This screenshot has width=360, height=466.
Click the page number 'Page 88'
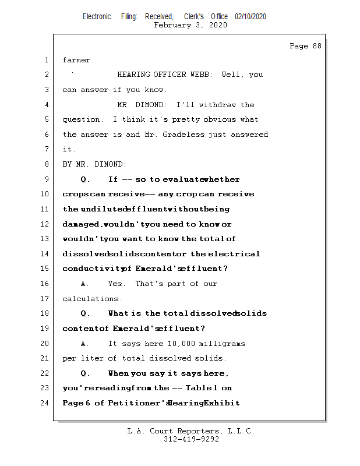305,46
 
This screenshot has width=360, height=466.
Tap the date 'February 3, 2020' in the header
190,26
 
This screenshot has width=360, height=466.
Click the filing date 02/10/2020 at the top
250,17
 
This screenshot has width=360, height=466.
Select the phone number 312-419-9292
192,439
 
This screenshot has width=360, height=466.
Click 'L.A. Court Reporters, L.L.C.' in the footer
190,431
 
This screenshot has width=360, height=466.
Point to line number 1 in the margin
47,60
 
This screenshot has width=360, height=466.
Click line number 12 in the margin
45,224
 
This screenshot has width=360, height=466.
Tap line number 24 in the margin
45,403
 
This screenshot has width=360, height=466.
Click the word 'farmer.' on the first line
79,60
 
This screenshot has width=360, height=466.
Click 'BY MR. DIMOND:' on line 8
94,164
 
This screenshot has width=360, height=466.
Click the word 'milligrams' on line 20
222,344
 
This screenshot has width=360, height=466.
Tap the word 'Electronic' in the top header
97,17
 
